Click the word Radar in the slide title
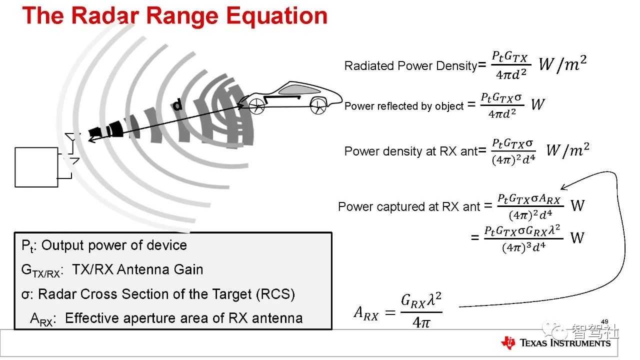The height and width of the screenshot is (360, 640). point(108,16)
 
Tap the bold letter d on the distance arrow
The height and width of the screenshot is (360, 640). point(177,105)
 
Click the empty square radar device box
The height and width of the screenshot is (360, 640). point(36,167)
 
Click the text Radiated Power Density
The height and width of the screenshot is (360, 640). point(410,66)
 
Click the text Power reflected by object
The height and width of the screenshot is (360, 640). point(404,106)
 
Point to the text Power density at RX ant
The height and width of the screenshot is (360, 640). point(410,151)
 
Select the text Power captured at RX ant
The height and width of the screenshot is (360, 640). point(408,206)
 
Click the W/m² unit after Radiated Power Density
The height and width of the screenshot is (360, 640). point(562,64)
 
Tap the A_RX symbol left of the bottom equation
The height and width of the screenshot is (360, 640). point(366,313)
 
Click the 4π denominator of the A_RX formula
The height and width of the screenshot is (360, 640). point(421,323)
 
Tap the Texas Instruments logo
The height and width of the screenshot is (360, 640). point(555,342)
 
